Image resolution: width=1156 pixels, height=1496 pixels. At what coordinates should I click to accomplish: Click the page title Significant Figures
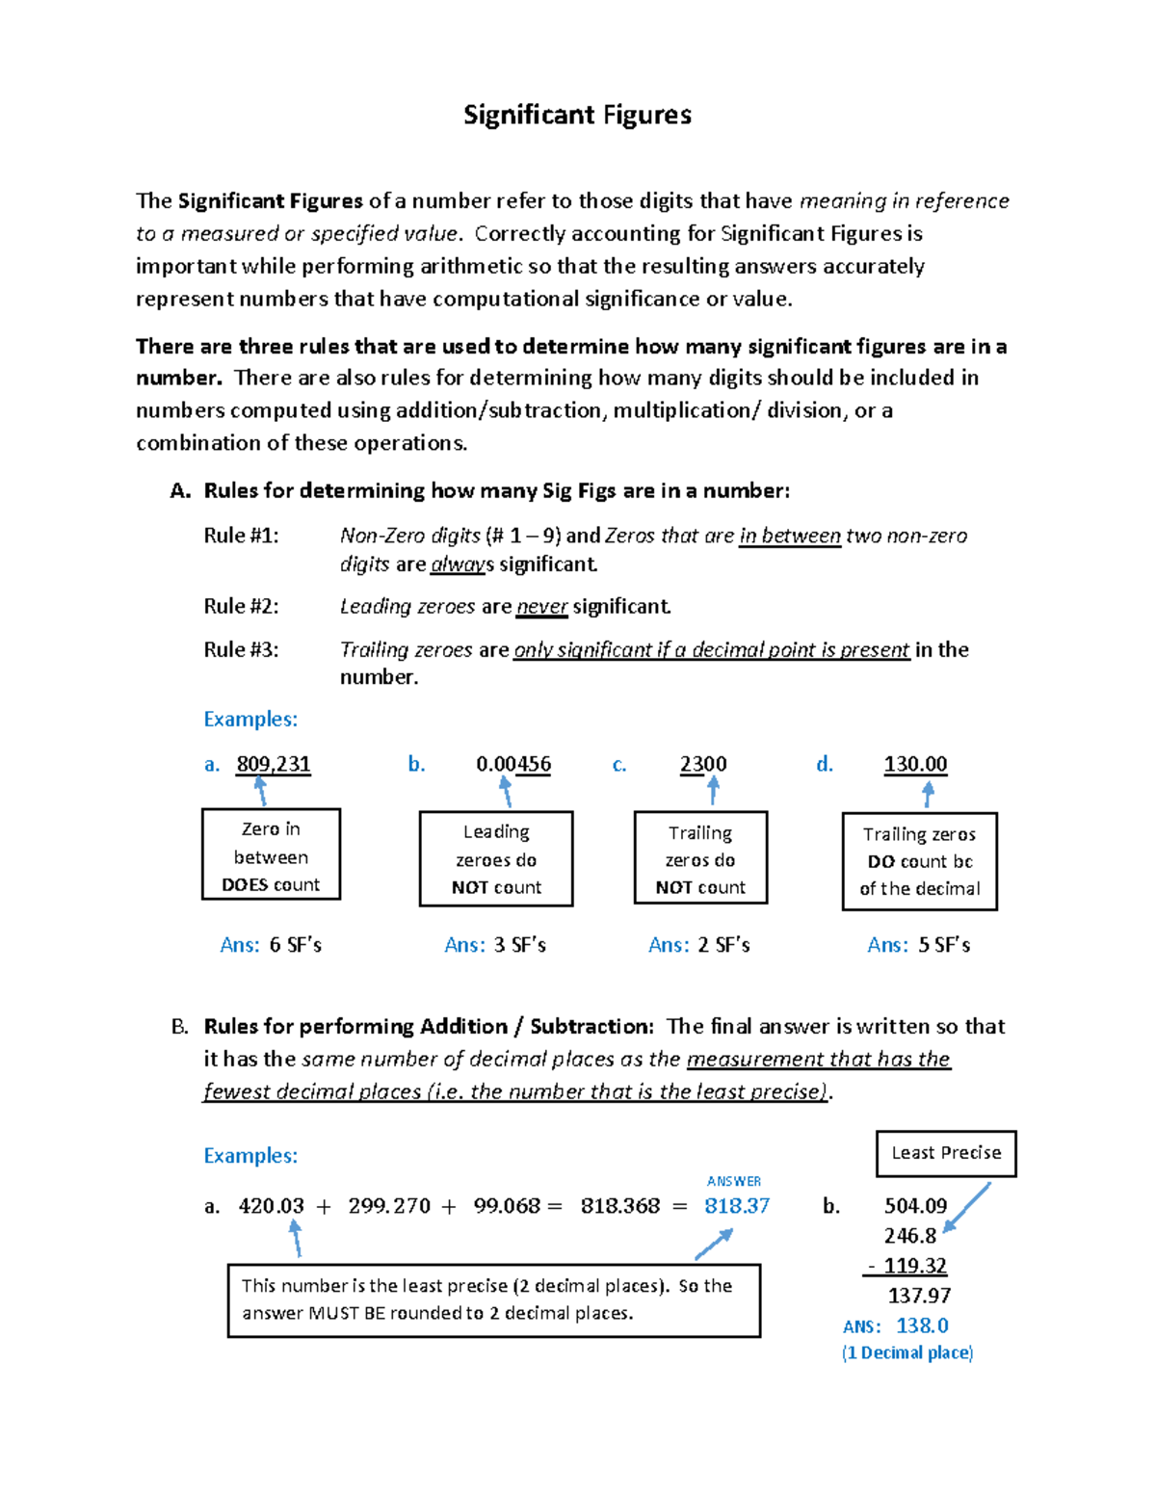[577, 115]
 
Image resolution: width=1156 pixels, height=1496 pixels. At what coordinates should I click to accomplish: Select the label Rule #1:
[241, 536]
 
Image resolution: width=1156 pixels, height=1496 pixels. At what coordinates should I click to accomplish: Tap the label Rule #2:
[241, 606]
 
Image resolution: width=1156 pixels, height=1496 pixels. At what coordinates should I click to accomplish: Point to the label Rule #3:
[241, 649]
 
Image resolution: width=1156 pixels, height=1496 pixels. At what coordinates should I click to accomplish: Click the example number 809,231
[274, 764]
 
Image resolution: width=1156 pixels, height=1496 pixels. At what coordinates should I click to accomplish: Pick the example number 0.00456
[513, 764]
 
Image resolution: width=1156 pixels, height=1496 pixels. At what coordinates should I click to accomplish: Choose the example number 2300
[703, 764]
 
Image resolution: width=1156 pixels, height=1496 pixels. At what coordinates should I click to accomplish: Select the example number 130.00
[915, 764]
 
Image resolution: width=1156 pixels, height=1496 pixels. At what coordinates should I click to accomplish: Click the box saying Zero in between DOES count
[271, 854]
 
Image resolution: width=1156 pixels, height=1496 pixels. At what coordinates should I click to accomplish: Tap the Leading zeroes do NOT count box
[496, 858]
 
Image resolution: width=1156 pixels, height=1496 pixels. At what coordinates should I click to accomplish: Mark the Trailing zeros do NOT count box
[700, 858]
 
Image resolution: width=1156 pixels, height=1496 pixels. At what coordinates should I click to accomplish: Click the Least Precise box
[946, 1153]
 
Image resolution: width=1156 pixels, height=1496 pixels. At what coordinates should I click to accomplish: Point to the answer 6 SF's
[295, 945]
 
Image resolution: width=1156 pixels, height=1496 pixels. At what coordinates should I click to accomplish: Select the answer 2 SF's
[723, 945]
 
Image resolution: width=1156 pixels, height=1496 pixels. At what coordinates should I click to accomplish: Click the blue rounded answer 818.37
[737, 1206]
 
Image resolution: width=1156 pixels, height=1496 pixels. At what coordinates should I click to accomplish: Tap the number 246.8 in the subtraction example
[910, 1236]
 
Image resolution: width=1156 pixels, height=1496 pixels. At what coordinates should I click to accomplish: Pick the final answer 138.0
[922, 1325]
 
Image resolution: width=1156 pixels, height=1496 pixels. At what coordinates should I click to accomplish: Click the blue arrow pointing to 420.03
[297, 1238]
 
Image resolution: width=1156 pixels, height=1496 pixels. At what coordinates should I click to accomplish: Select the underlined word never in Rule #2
[542, 607]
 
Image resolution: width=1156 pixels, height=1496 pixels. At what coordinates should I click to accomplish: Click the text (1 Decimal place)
[907, 1352]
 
